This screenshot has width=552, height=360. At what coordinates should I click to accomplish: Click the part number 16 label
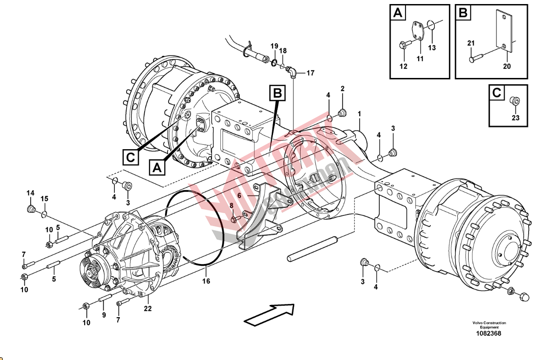coord(206,282)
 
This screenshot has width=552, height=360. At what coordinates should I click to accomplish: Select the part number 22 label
coord(148,309)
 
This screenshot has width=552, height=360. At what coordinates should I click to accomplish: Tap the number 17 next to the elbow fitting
coord(310,73)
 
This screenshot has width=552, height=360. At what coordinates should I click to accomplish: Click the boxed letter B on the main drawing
coord(278,93)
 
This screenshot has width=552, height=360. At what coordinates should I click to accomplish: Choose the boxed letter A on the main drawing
coord(156,168)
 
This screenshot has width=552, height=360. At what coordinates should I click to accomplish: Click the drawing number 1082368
coord(489,334)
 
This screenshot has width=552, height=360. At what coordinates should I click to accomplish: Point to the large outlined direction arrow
coord(269,314)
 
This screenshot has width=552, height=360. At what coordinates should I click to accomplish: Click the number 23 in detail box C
coord(516,118)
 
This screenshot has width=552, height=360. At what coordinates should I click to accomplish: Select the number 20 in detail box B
coord(507,66)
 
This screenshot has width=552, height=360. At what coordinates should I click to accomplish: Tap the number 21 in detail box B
coord(471,43)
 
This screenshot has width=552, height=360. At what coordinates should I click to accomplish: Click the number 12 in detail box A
coord(403,67)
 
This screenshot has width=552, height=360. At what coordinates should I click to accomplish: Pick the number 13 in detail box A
coord(432,48)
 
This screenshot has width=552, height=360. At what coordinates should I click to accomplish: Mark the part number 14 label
coord(30,193)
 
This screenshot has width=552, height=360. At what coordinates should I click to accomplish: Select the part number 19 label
coord(274,46)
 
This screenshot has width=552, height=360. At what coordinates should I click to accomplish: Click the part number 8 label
coord(232,205)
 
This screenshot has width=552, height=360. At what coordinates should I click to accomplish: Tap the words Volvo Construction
coord(489,323)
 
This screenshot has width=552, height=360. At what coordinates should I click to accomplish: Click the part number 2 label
coord(342,89)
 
